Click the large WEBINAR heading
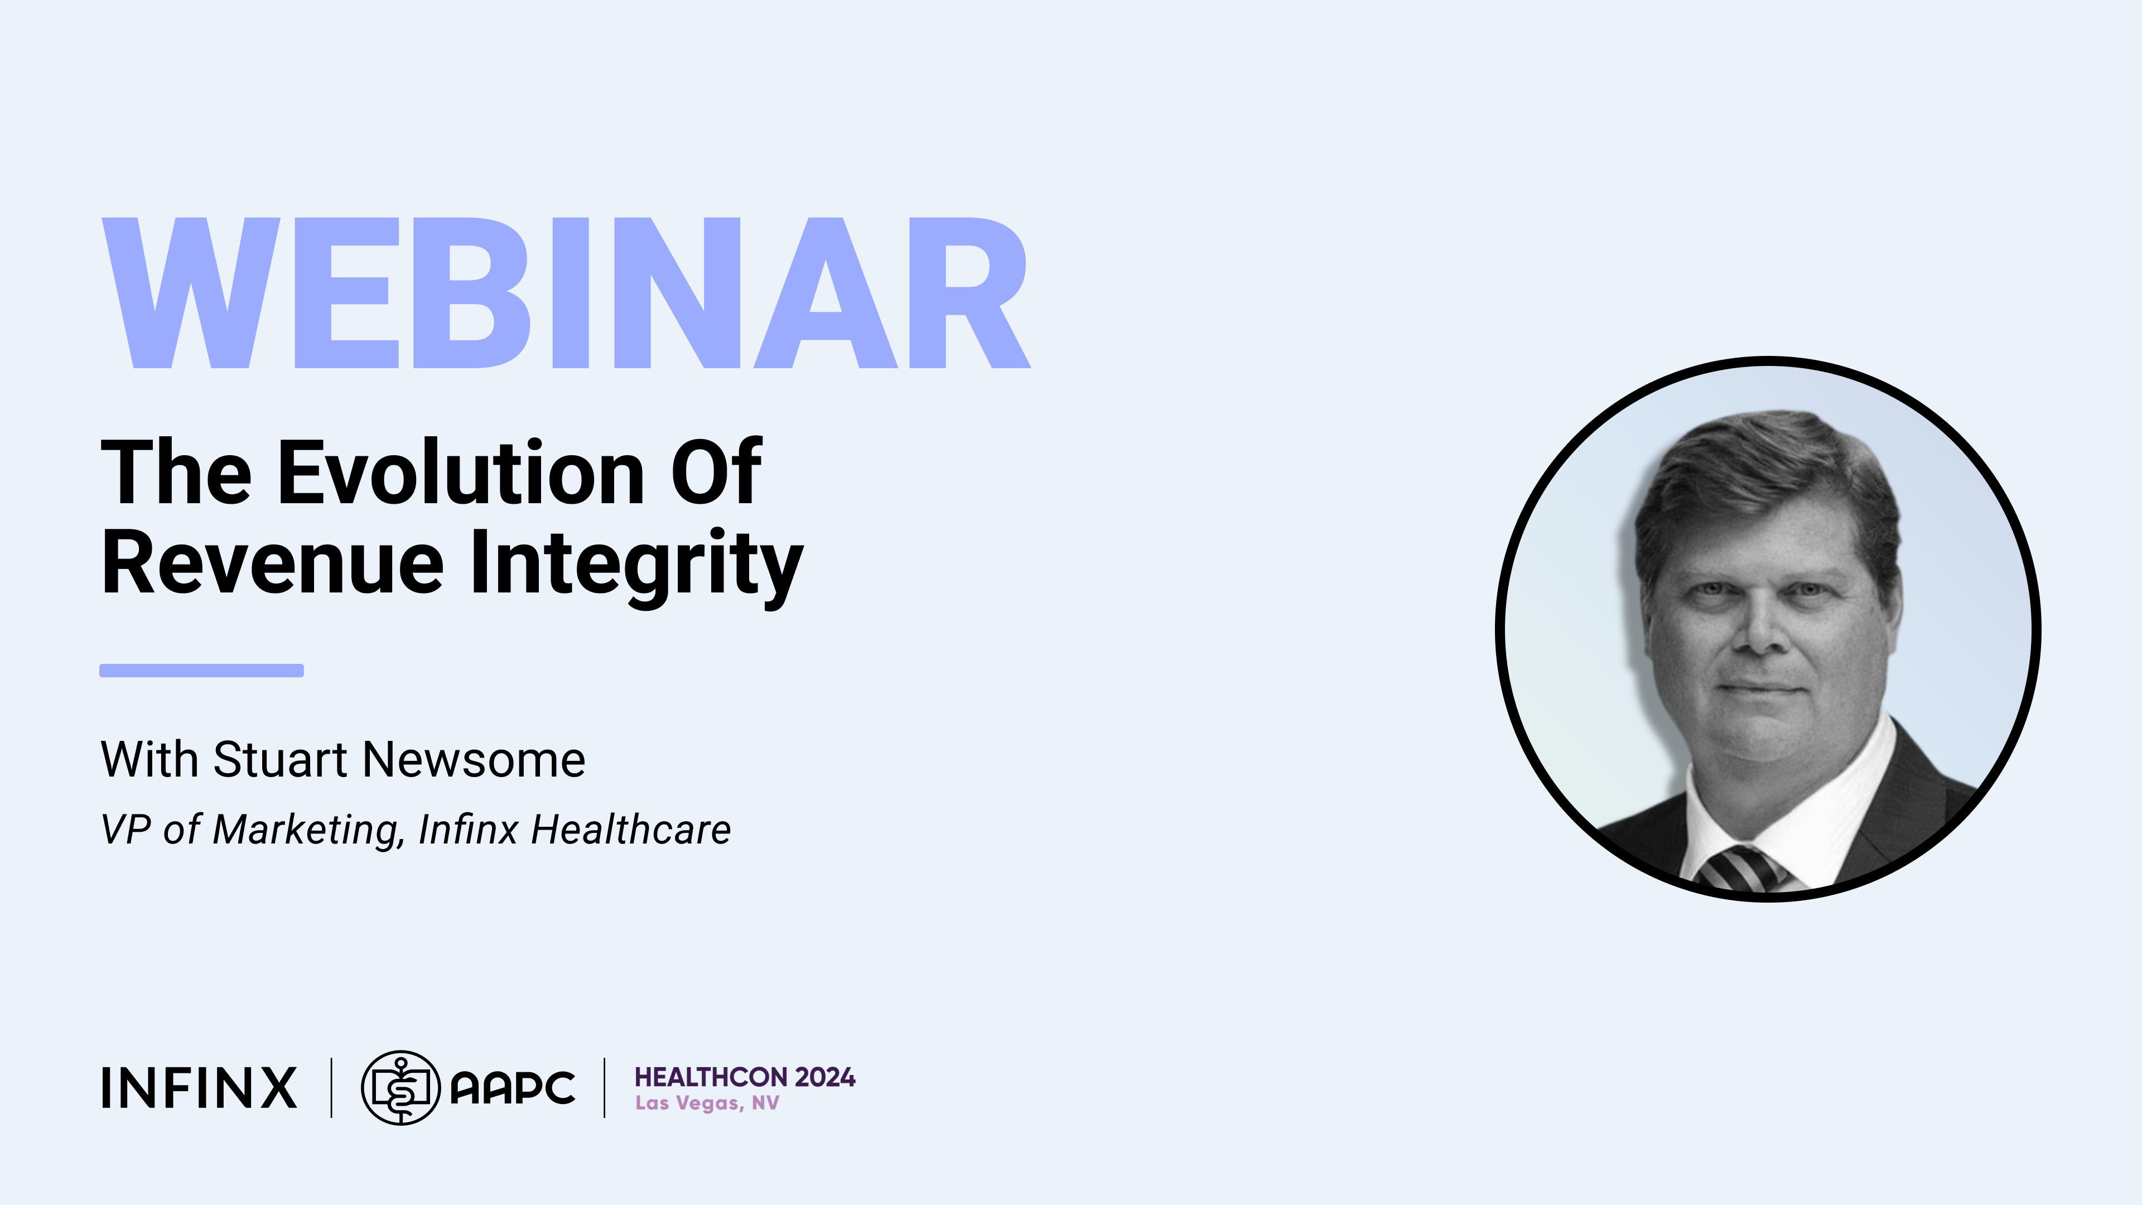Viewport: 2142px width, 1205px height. point(566,293)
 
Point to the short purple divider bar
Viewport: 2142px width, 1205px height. point(201,670)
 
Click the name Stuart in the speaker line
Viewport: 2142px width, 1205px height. point(280,759)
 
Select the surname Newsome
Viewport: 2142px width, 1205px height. point(474,759)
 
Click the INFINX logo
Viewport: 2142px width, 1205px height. point(199,1088)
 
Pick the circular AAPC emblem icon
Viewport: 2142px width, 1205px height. point(401,1088)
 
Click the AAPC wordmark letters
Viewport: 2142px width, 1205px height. point(512,1088)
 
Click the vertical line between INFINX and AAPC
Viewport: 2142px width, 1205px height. point(332,1088)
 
